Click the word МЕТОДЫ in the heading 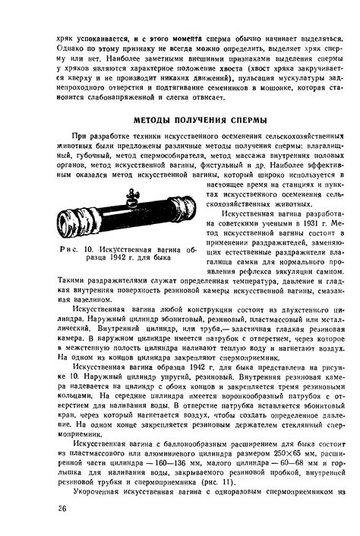[x=153, y=120]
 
